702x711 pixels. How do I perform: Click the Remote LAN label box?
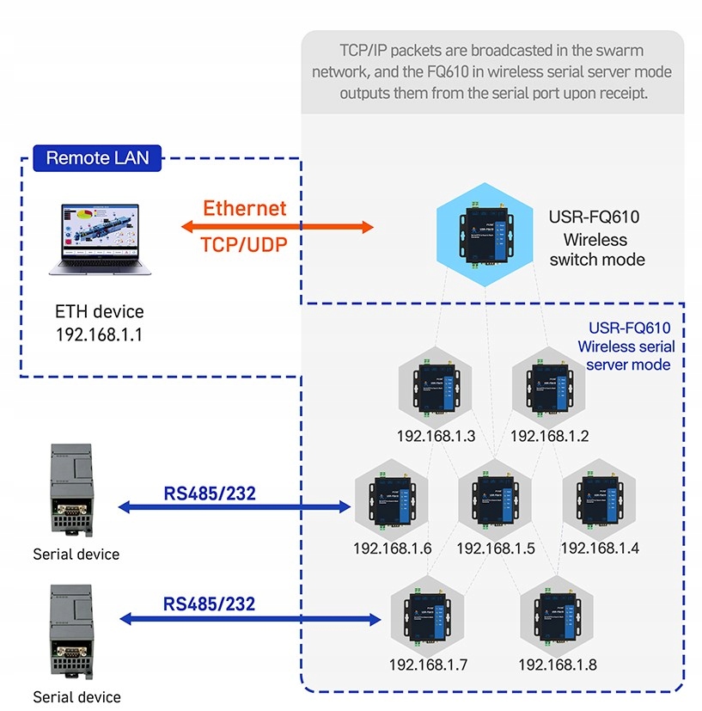click(96, 158)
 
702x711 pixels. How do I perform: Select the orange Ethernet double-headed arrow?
click(278, 228)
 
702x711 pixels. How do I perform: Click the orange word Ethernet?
click(245, 208)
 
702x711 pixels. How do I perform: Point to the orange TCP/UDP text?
click(244, 244)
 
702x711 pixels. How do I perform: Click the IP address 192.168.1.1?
click(100, 334)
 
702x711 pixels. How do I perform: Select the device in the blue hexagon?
click(486, 232)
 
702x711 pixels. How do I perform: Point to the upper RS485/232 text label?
click(210, 493)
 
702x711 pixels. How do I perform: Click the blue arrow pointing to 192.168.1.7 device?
click(249, 618)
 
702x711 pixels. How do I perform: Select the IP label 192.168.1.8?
click(557, 665)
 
